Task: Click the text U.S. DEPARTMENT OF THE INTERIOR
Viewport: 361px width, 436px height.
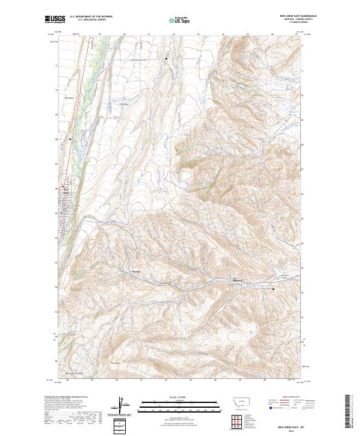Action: point(91,17)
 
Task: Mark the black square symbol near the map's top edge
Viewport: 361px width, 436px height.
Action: point(166,58)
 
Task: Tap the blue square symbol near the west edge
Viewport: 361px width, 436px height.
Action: point(70,139)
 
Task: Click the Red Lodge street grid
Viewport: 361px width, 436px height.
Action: point(65,204)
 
